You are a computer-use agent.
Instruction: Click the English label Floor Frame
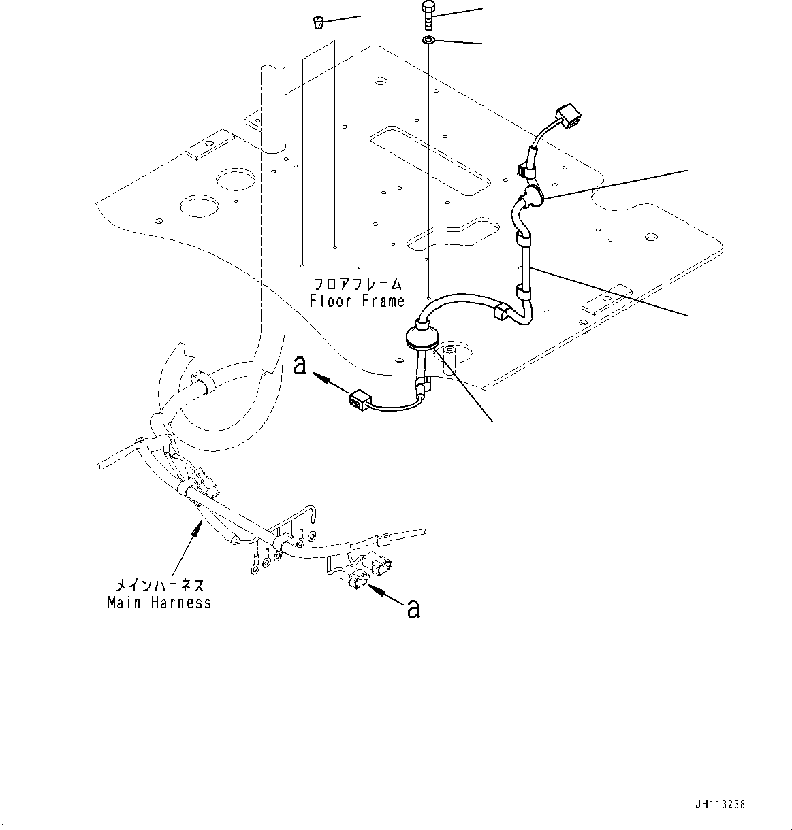click(x=356, y=301)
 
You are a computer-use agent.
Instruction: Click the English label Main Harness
click(x=159, y=603)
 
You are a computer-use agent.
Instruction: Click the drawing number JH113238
click(x=721, y=803)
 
